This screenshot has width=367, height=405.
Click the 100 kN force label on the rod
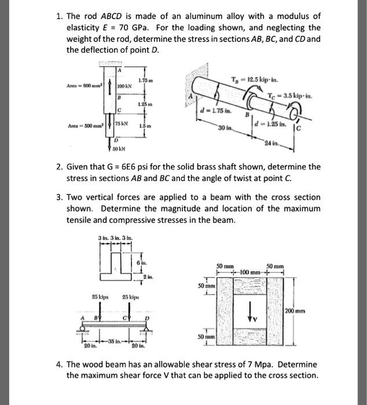point(126,88)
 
